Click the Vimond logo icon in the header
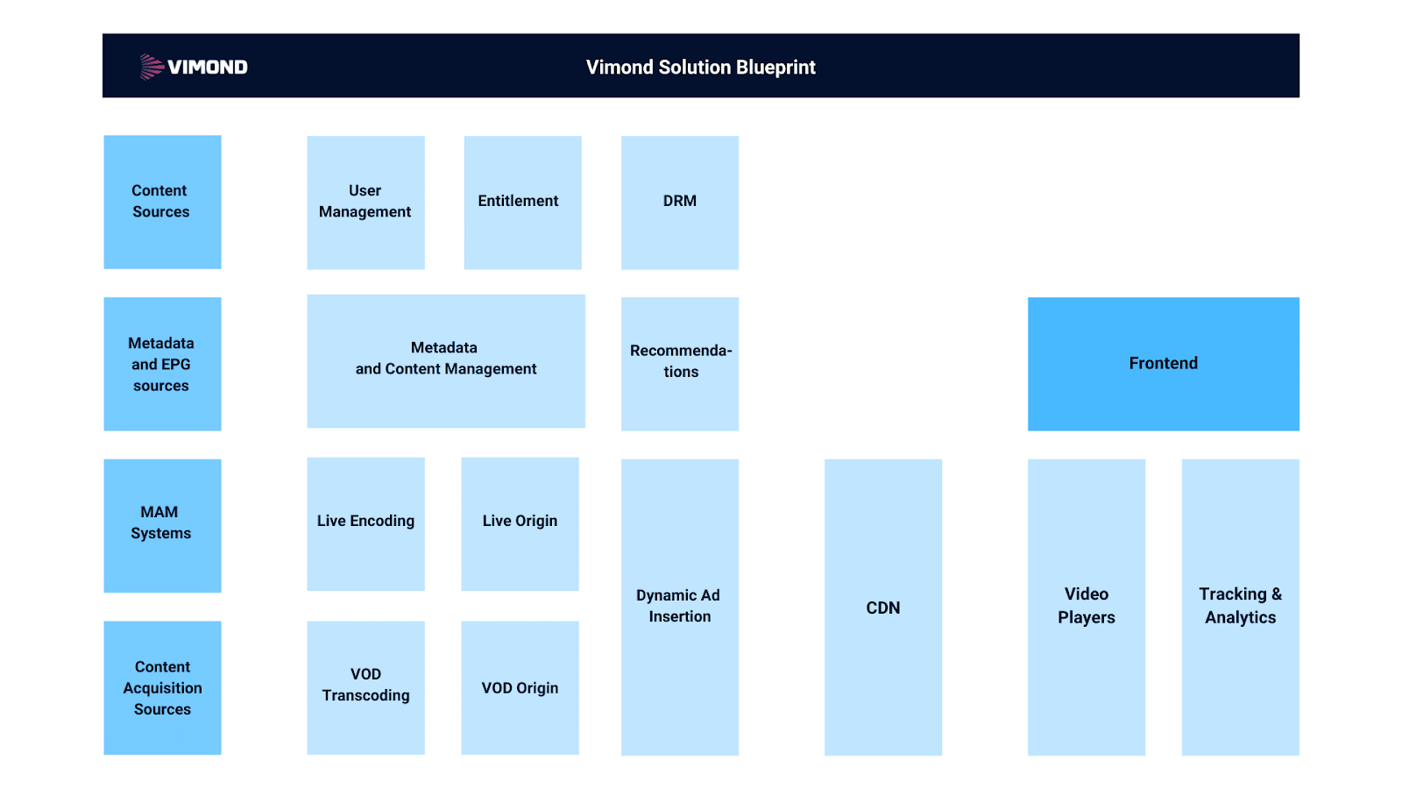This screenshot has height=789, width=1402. pyautogui.click(x=152, y=67)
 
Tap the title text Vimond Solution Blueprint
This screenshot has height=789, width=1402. pyautogui.click(x=700, y=68)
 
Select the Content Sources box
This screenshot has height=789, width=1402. pyautogui.click(x=162, y=202)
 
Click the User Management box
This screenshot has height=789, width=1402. pyautogui.click(x=365, y=202)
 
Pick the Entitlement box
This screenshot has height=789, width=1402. pyautogui.click(x=522, y=202)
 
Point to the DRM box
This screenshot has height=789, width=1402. pyautogui.click(x=679, y=202)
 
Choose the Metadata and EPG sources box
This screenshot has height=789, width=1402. pyautogui.click(x=162, y=364)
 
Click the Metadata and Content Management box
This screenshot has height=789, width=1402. pyautogui.click(x=445, y=360)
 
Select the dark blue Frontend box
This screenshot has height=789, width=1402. pyautogui.click(x=1163, y=363)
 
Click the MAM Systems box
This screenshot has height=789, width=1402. pyautogui.click(x=162, y=524)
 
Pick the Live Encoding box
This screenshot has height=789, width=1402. pyautogui.click(x=365, y=522)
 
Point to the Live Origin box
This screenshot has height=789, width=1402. pyautogui.click(x=520, y=522)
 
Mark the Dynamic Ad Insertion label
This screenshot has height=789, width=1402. pyautogui.click(x=679, y=606)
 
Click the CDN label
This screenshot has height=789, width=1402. pyautogui.click(x=882, y=608)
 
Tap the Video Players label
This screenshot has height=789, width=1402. pyautogui.click(x=1086, y=606)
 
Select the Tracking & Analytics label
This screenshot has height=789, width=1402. pyautogui.click(x=1240, y=606)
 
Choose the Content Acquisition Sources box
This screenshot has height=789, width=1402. pyautogui.click(x=162, y=687)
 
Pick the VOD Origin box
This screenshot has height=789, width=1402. pyautogui.click(x=520, y=687)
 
